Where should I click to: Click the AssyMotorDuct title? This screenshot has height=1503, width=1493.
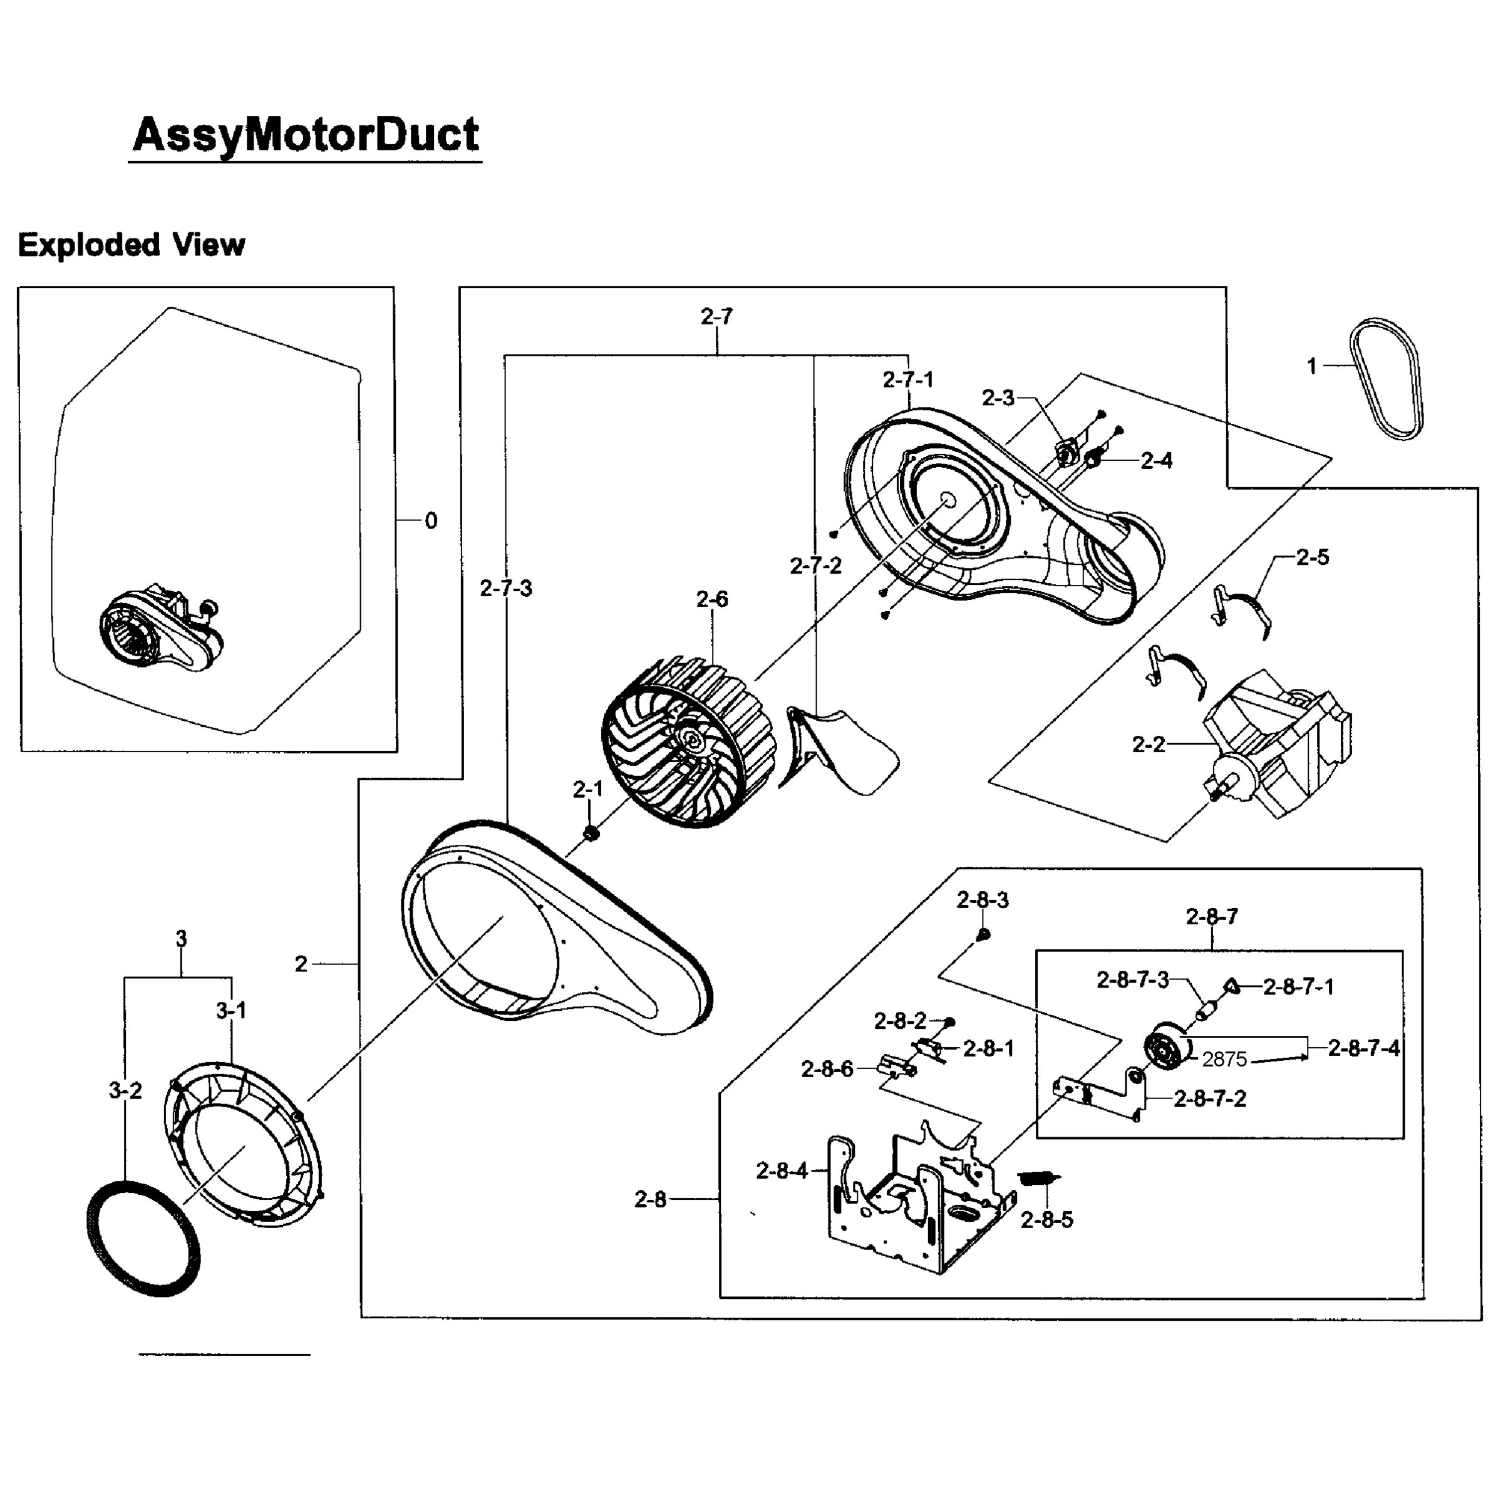(x=306, y=135)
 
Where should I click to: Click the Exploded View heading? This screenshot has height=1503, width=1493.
(x=131, y=245)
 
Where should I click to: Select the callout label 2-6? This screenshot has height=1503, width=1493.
(x=712, y=599)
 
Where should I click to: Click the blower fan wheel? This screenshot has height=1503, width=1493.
(x=688, y=745)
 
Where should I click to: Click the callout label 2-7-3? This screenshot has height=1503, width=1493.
(x=506, y=588)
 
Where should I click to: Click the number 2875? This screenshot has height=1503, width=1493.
(x=1224, y=1059)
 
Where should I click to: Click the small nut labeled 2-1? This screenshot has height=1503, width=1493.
(x=591, y=833)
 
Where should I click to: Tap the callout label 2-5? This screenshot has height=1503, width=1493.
(x=1313, y=557)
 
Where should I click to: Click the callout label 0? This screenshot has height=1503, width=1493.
(x=431, y=520)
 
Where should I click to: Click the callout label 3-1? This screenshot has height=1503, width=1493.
(x=231, y=1011)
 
